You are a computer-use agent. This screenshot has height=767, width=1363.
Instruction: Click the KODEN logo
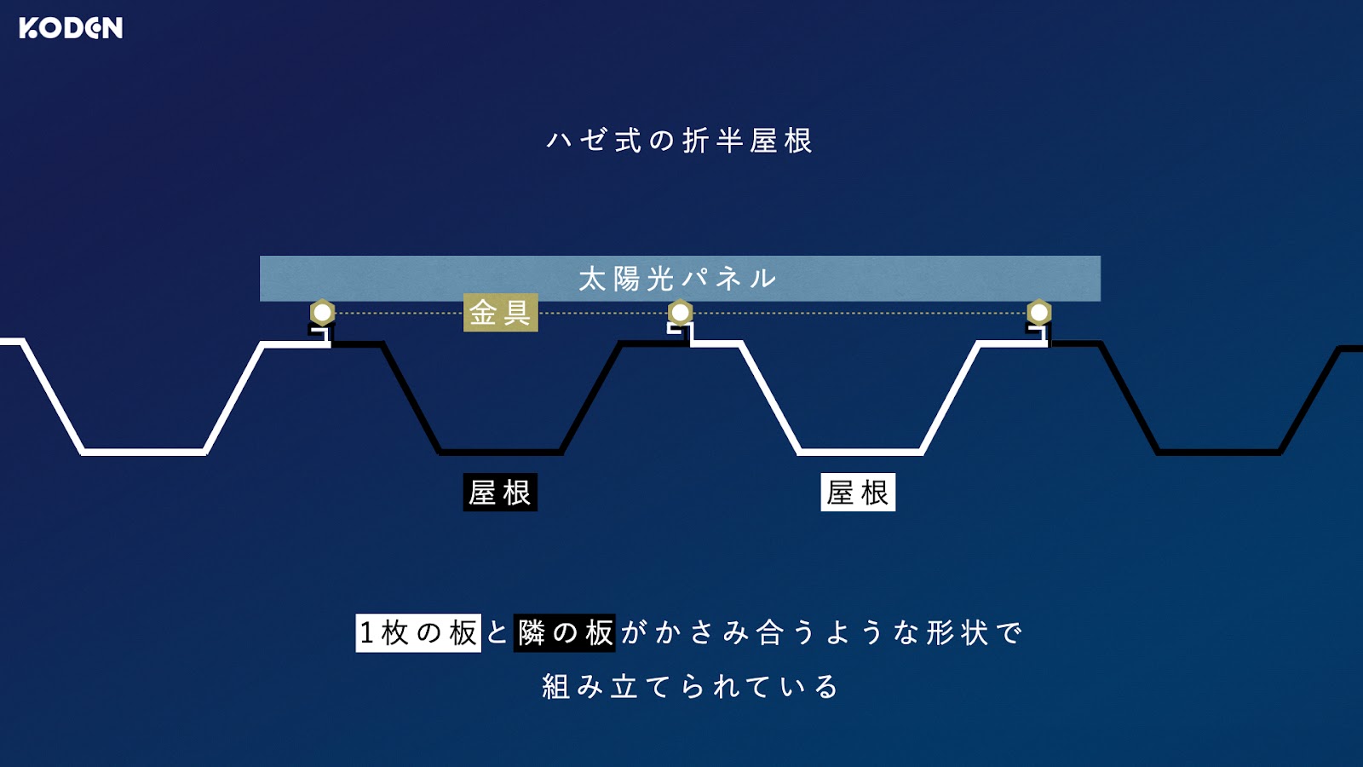(71, 28)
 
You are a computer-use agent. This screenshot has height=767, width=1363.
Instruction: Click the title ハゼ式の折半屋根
(680, 141)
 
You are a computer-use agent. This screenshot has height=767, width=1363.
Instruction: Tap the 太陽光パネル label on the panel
(678, 279)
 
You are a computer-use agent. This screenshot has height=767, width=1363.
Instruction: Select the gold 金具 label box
(501, 313)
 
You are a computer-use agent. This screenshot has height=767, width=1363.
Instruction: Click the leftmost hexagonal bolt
(323, 313)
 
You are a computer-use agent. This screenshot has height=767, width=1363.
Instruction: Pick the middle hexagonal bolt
(681, 313)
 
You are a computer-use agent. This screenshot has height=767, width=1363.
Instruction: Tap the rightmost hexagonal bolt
(1038, 313)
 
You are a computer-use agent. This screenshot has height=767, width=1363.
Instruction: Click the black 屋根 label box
(500, 492)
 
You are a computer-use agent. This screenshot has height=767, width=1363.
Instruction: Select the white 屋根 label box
(858, 492)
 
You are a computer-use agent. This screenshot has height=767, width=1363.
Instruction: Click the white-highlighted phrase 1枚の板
(418, 633)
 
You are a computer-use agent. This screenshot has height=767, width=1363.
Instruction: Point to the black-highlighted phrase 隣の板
(564, 633)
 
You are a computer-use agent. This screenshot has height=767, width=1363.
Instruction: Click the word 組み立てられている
(691, 687)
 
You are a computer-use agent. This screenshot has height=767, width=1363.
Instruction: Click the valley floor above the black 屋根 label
(500, 453)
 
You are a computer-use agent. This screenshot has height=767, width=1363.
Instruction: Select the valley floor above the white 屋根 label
(860, 453)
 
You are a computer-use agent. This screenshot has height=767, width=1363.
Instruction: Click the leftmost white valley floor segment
(144, 453)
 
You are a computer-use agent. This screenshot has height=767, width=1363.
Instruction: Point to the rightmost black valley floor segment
(1219, 453)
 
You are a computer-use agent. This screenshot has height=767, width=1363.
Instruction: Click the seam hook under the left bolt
(323, 333)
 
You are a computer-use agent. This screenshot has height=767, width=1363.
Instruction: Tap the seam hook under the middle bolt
(681, 333)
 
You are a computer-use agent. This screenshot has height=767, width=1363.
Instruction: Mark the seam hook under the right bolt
(1038, 333)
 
